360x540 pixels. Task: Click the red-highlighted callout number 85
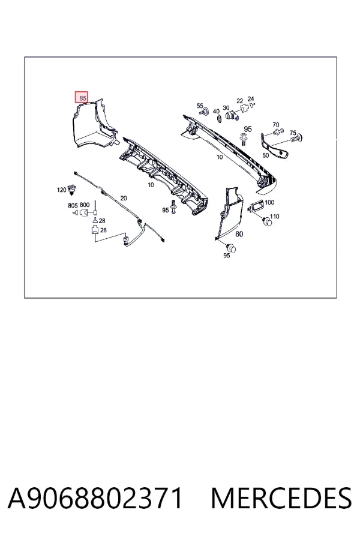click(82, 97)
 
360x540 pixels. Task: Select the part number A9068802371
click(95, 498)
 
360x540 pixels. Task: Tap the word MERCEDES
click(281, 498)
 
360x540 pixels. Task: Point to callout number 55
click(200, 106)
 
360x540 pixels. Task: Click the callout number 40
click(216, 111)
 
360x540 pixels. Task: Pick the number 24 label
click(250, 99)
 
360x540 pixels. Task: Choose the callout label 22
click(240, 101)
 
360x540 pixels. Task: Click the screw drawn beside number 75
click(296, 139)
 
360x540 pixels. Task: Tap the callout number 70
click(275, 125)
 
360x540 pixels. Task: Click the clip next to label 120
click(72, 188)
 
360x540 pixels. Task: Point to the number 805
click(73, 205)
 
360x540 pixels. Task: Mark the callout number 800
click(85, 205)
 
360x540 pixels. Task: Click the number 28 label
click(102, 220)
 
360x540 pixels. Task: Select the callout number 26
click(103, 230)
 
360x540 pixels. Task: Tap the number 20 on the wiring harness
click(124, 198)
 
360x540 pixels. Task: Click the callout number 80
click(239, 234)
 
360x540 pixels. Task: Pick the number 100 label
click(269, 202)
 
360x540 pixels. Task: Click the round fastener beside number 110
click(267, 221)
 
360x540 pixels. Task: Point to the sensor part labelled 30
click(232, 115)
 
